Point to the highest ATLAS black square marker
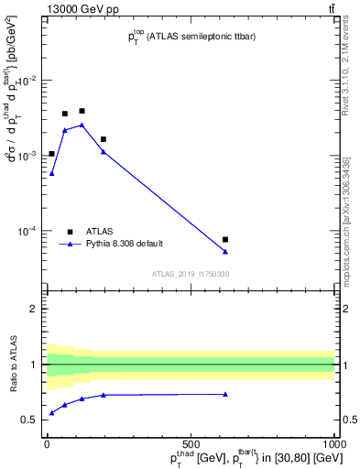click(x=82, y=111)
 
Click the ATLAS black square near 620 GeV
click(x=225, y=239)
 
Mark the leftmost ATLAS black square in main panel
click(x=51, y=153)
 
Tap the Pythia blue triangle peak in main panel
click(x=82, y=125)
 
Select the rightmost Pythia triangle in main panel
click(x=225, y=251)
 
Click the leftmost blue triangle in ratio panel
click(x=51, y=413)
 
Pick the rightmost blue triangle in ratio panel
click(x=225, y=394)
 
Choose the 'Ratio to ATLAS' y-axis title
click(x=14, y=364)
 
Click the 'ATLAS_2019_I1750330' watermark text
click(x=191, y=274)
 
